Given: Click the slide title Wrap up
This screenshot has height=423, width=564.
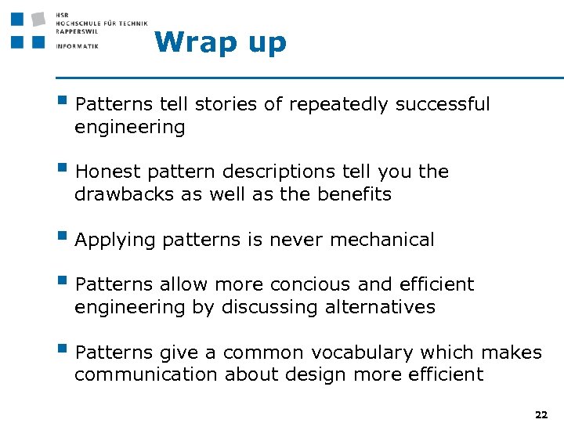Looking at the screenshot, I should [x=221, y=42].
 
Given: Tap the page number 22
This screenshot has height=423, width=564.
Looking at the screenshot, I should [x=540, y=414].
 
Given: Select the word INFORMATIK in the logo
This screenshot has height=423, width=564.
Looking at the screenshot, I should [x=78, y=46].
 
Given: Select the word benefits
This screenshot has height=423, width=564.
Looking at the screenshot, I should [x=354, y=194].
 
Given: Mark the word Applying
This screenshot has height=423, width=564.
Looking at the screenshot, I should [x=116, y=240].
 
